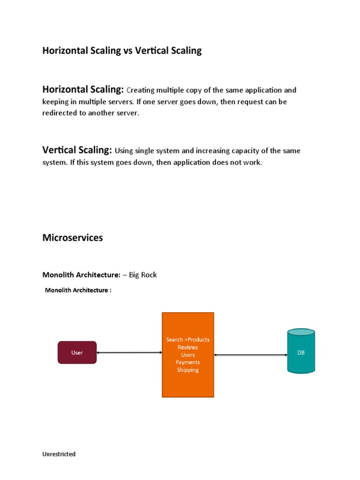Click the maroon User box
pos(77,352)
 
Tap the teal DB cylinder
pos(300,352)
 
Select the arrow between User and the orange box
pos(129,352)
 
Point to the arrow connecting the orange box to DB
pos(250,355)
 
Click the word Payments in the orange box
pos(187,362)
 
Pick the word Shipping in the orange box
pos(187,370)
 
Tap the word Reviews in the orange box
pos(187,347)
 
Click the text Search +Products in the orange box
pos(187,339)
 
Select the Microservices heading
pos(73,238)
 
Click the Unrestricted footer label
pos(59,454)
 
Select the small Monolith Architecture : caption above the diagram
pos(78,290)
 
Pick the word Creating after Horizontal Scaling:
pos(141,90)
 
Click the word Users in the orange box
pos(187,355)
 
